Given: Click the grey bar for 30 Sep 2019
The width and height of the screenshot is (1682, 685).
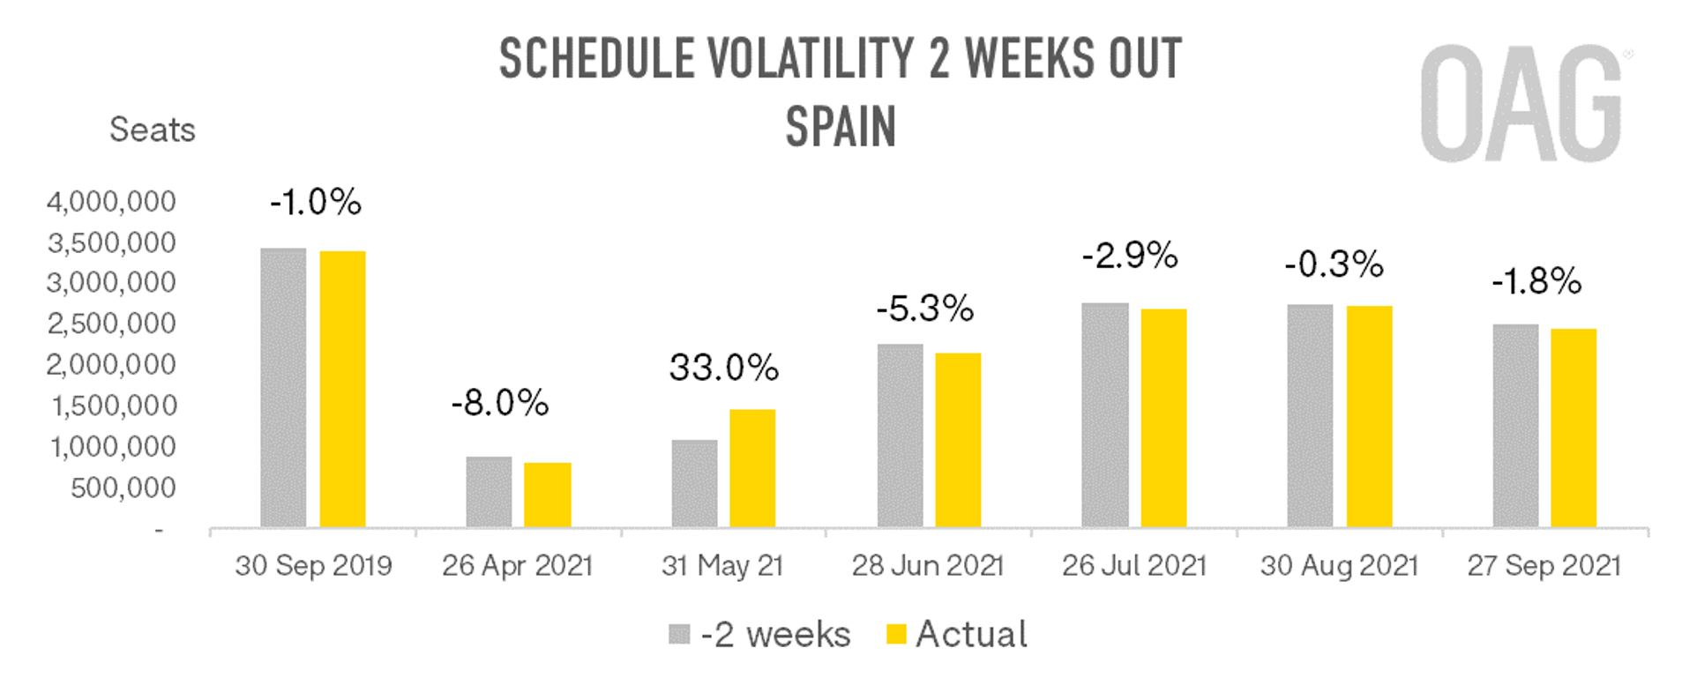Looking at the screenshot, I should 283,388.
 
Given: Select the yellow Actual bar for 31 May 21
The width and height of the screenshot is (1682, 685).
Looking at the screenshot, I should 752,468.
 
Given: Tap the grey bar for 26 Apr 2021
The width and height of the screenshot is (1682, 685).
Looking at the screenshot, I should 489,492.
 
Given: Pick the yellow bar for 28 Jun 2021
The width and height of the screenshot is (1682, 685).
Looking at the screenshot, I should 958,440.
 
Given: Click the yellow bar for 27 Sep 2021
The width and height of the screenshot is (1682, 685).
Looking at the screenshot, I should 1574,428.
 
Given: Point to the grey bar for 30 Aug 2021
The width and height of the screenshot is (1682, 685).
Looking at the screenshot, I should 1310,416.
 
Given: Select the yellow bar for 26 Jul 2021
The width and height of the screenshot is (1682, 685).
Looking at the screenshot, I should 1163,418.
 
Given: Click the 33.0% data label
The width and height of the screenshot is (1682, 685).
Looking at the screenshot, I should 723,368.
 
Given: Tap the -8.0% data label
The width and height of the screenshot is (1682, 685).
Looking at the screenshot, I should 499,403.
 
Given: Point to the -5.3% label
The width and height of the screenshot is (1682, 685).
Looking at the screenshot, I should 924,309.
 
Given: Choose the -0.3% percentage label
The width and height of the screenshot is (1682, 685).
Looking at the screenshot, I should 1334,264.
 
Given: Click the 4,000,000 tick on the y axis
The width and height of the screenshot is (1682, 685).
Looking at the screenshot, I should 111,202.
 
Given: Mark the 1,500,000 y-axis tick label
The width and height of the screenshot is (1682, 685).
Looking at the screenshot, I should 114,406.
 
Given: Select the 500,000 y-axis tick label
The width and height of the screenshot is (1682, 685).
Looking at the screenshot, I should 123,488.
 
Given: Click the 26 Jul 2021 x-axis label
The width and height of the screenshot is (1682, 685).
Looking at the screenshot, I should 1133,565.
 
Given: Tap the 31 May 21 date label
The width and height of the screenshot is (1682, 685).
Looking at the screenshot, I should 722,565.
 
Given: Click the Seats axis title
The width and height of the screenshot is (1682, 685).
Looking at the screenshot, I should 152,130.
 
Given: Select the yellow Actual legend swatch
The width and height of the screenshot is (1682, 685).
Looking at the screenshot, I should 896,634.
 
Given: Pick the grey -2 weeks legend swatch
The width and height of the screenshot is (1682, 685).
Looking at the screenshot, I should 679,634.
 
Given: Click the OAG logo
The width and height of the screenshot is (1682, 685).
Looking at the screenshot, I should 1521,104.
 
